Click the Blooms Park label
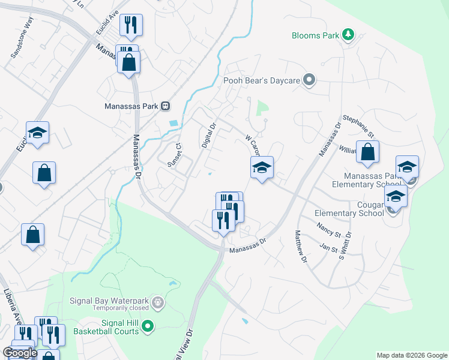point(316,35)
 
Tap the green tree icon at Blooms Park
point(347,35)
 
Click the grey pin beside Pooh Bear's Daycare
point(309,80)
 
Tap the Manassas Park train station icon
point(165,106)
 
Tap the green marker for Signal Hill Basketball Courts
point(147,326)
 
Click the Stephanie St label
point(358,127)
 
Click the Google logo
point(20,353)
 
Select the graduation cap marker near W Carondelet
point(262,167)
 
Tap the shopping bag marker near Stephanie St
point(367,152)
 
